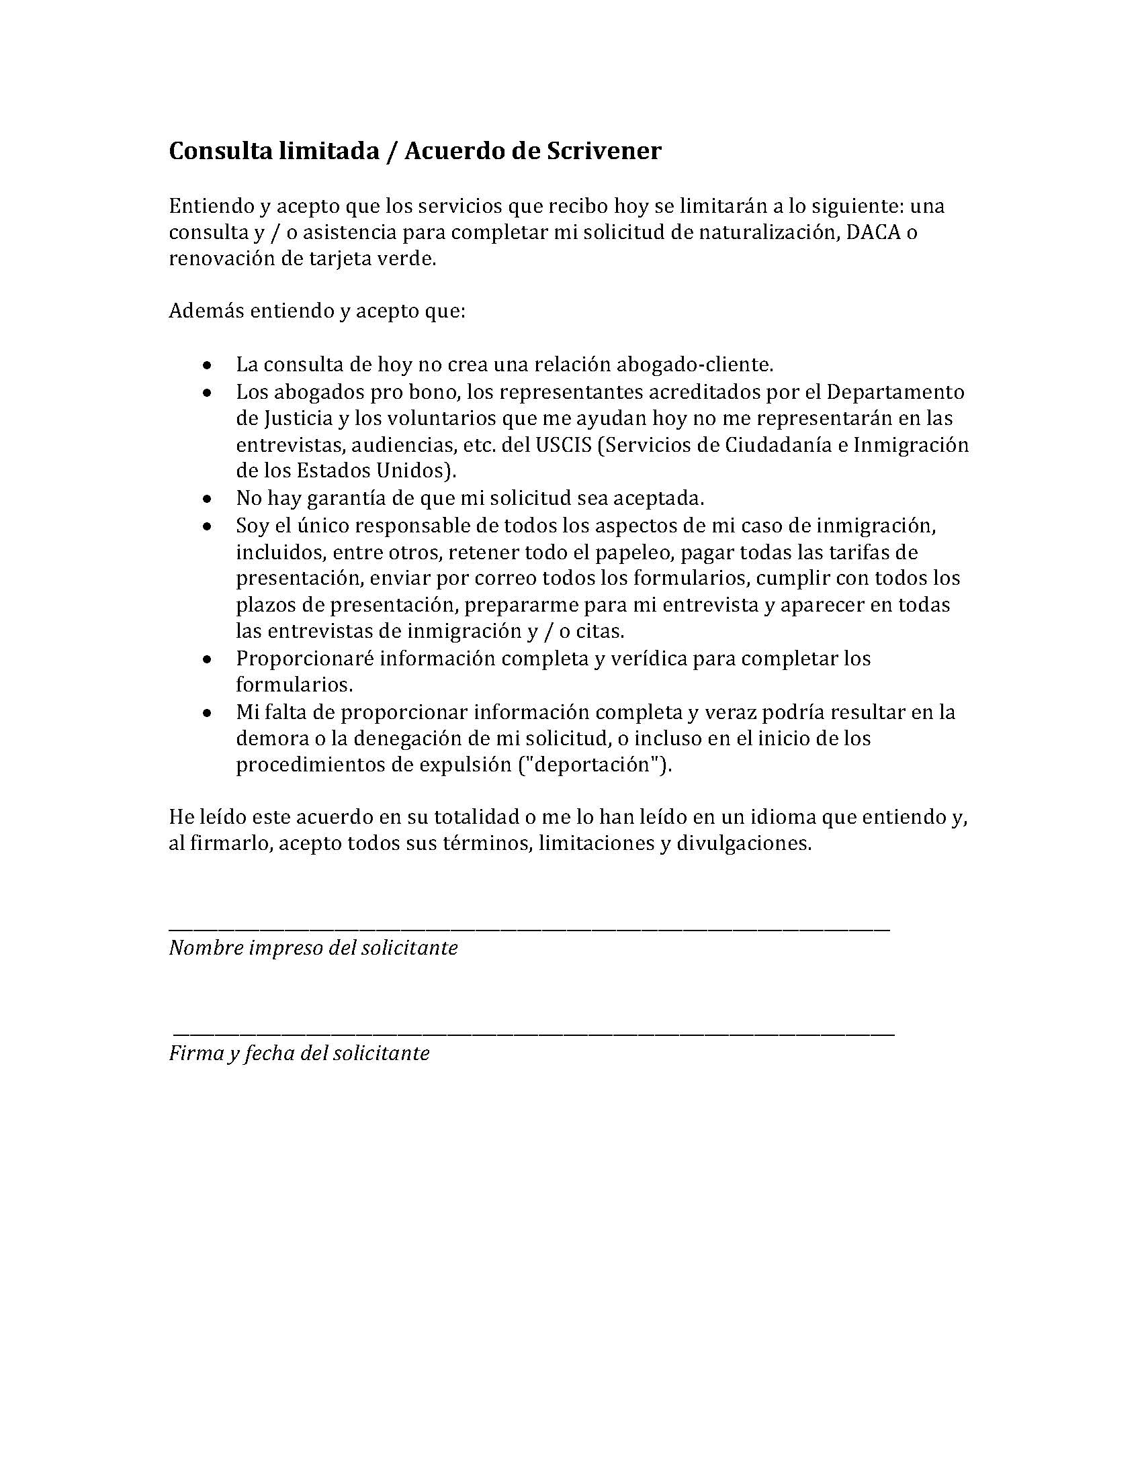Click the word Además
pyautogui.click(x=206, y=311)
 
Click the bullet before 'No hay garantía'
pyautogui.click(x=208, y=499)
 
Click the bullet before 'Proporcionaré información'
pyautogui.click(x=208, y=659)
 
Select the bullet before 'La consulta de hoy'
pyautogui.click(x=208, y=366)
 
